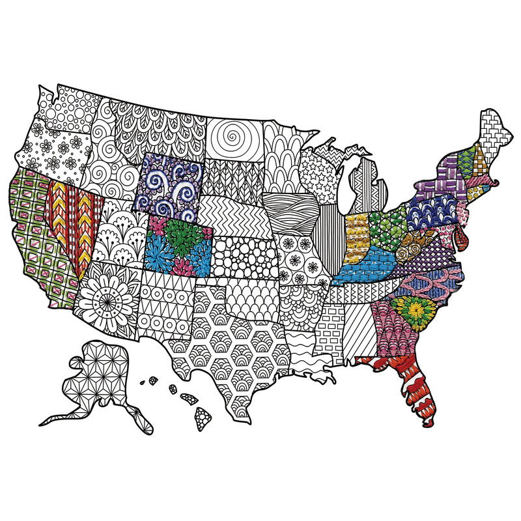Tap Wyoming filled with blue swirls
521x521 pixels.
(169, 186)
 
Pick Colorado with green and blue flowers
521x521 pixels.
(178, 246)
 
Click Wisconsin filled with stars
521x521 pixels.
(319, 173)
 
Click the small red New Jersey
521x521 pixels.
(462, 231)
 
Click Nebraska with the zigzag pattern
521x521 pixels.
(228, 212)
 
